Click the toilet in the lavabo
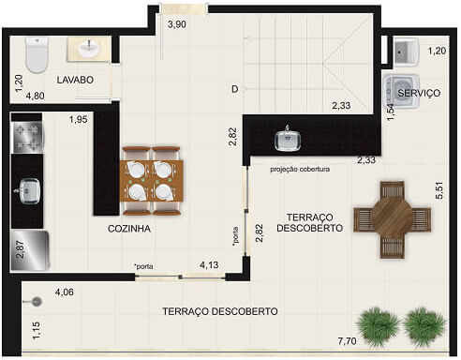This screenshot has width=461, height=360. [x=37, y=55]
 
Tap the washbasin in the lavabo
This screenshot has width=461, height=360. [x=89, y=49]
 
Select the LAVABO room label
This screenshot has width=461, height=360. [x=75, y=80]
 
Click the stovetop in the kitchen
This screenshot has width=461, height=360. [x=27, y=137]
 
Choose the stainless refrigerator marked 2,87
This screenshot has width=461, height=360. [x=30, y=250]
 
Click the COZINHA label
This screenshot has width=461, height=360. [x=129, y=229]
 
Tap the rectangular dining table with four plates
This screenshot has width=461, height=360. [x=152, y=181]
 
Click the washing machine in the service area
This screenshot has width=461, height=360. [x=401, y=91]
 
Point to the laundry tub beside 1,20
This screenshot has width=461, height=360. [x=406, y=52]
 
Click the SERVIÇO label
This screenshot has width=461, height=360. [x=419, y=93]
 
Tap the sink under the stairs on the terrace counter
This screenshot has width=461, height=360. [x=288, y=139]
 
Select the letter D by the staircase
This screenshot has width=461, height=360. [x=234, y=89]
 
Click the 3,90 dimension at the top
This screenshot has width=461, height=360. [x=177, y=24]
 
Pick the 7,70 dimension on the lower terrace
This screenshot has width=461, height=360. [x=347, y=341]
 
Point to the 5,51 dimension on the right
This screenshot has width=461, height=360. [x=439, y=190]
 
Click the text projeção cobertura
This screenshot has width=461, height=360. [x=300, y=170]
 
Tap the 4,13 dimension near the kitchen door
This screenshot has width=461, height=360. [x=209, y=265]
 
